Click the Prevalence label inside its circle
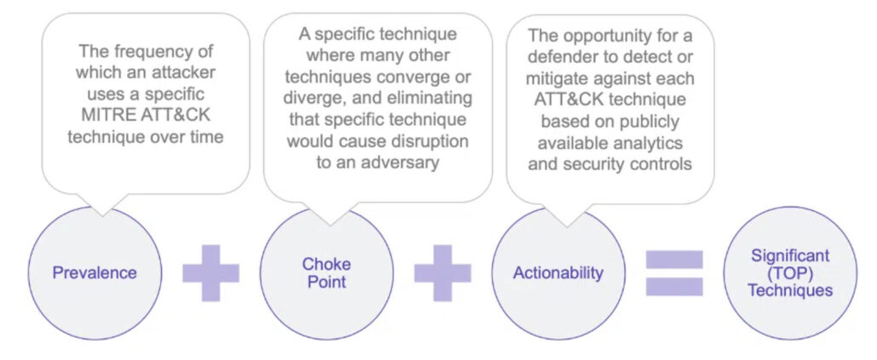[95, 273]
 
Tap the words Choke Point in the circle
[327, 272]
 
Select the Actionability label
[559, 273]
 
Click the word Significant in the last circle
[790, 256]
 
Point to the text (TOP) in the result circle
[790, 273]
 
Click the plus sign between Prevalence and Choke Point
[211, 273]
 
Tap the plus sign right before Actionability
[443, 273]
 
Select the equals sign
[674, 273]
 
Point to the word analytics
[650, 143]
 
